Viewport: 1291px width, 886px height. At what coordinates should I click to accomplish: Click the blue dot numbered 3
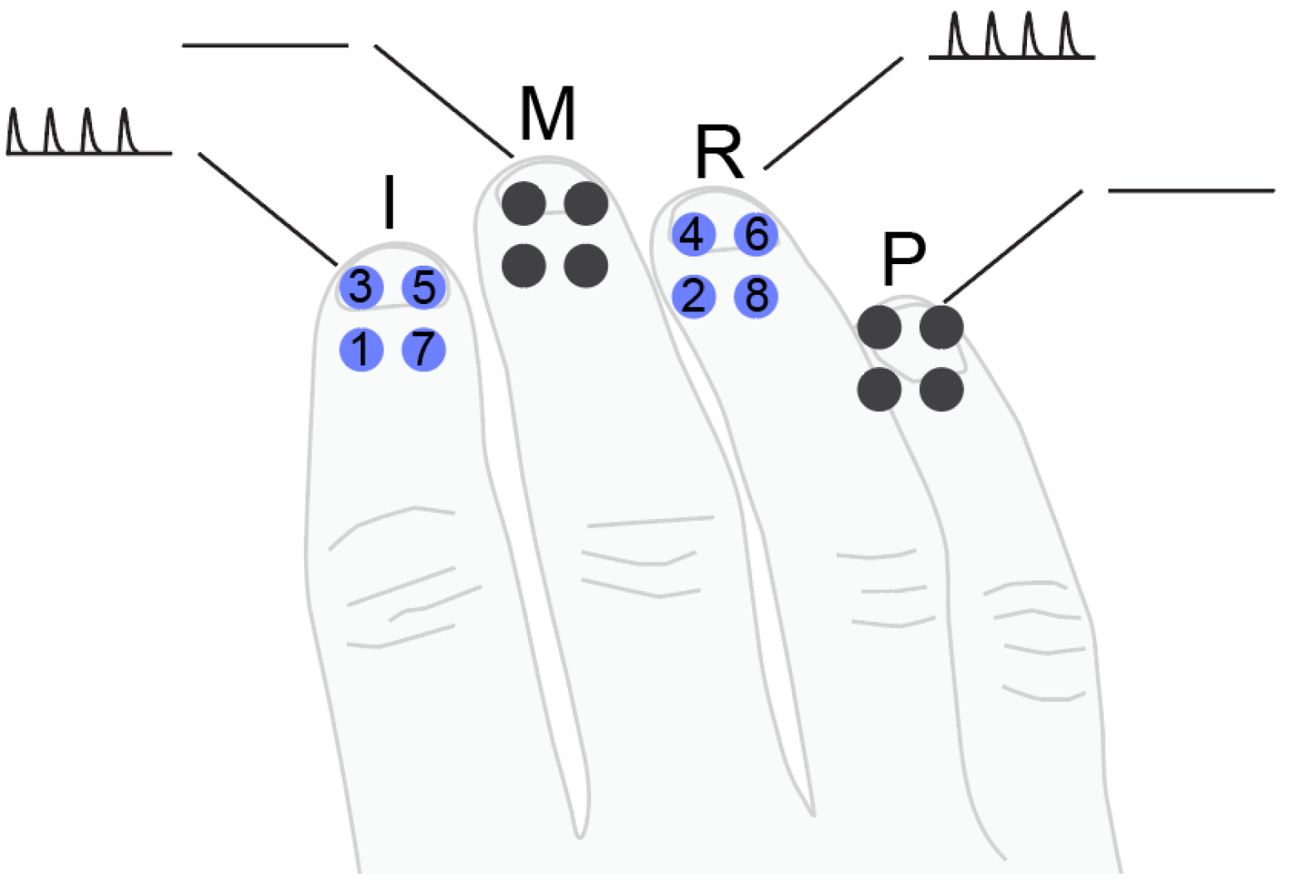coord(361,287)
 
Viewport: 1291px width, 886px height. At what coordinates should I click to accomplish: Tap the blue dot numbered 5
coord(423,287)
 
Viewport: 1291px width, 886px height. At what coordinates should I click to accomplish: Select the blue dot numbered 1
coord(361,349)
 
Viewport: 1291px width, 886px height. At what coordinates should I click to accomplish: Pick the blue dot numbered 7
coord(423,349)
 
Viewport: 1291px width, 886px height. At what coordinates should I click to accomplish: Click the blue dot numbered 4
coord(692,234)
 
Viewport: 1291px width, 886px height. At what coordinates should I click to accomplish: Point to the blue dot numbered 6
coord(756,234)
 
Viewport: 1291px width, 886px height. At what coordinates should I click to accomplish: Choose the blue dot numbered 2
coord(692,296)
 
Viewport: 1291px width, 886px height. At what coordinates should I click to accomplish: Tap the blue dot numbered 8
coord(756,296)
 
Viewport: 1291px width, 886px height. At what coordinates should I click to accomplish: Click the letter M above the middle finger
coord(547,115)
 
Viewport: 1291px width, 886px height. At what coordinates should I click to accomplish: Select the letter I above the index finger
coord(389,202)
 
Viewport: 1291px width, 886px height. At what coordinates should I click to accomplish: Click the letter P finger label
coord(903,260)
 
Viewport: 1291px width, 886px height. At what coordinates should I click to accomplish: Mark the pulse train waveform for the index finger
coord(88,133)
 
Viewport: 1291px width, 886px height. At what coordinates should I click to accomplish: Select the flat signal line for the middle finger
coord(265,45)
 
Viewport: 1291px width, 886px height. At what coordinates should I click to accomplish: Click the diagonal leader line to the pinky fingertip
coord(1013,246)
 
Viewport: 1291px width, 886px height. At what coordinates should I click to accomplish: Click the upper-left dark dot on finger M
coord(524,203)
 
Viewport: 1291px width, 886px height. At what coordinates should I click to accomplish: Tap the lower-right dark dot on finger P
coord(941,389)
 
